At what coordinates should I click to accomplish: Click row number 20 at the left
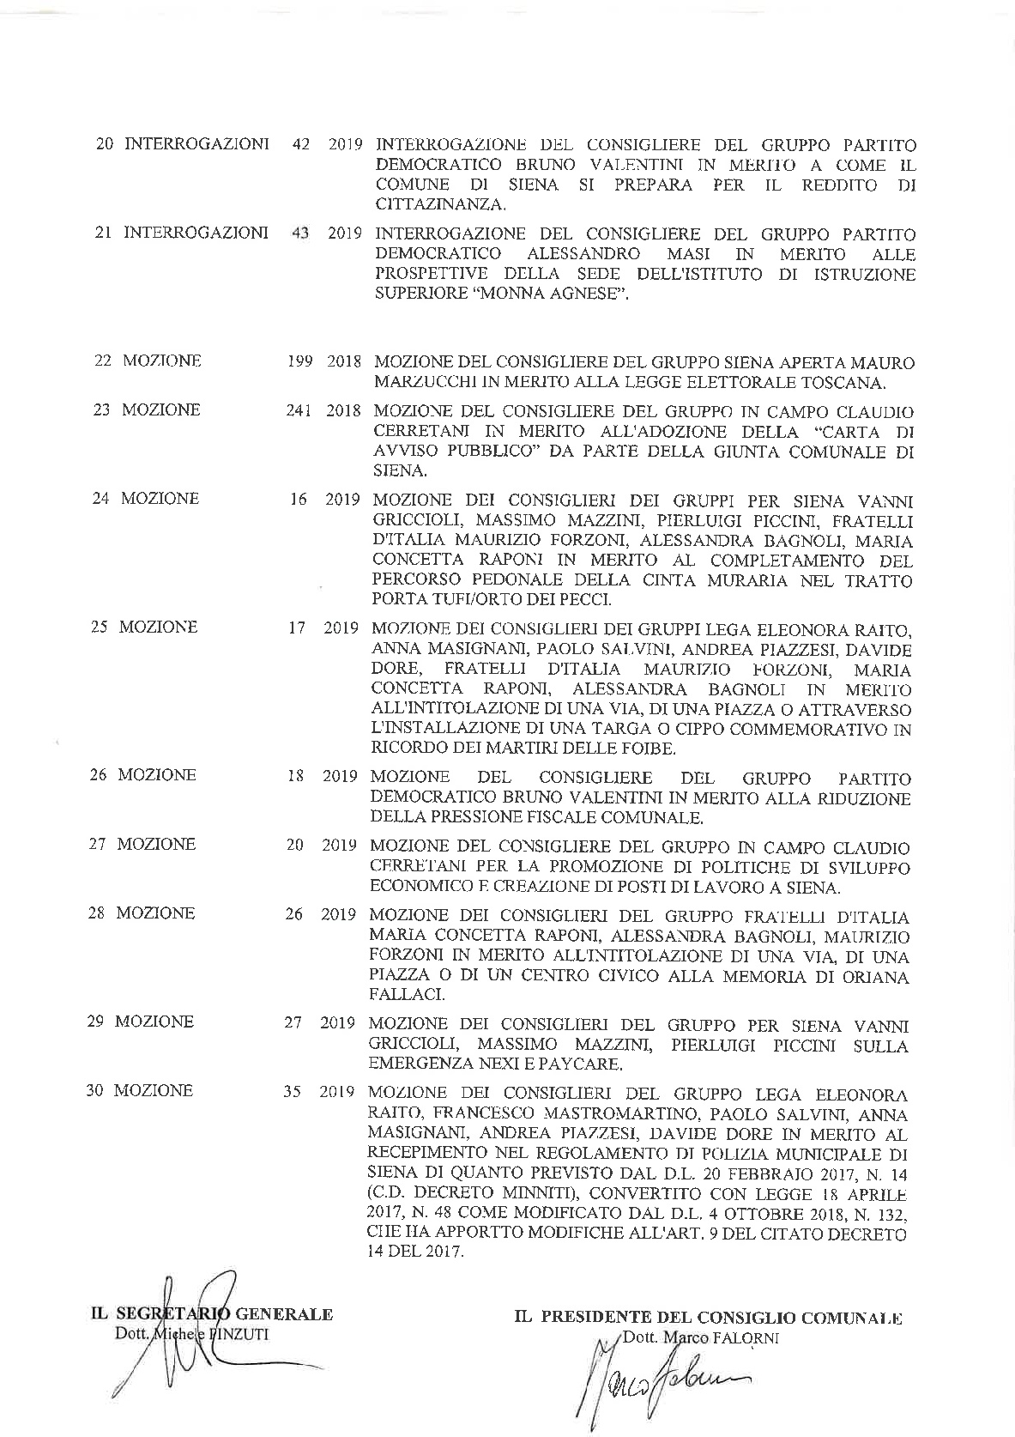click(105, 144)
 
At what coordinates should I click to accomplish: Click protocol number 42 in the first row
click(301, 144)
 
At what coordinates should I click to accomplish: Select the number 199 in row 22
click(299, 361)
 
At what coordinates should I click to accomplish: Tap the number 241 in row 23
click(299, 410)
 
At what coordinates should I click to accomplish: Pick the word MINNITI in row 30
click(541, 1193)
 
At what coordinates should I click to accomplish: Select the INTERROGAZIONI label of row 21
click(196, 233)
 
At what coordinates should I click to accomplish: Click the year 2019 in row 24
click(341, 500)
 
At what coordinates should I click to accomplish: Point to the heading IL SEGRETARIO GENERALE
click(212, 1313)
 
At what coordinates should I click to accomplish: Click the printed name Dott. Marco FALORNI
click(701, 1337)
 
